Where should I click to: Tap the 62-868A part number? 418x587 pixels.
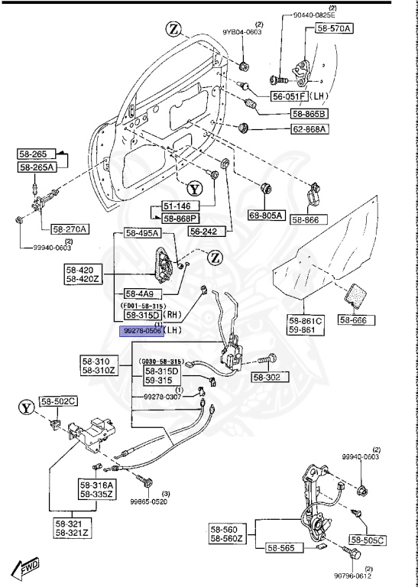click(x=307, y=129)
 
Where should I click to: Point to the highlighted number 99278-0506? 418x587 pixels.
click(x=140, y=331)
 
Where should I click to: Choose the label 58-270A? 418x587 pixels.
click(x=70, y=229)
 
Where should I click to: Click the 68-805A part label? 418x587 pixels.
click(x=265, y=216)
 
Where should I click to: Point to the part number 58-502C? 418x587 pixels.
click(x=59, y=401)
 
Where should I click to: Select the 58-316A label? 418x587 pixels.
click(x=96, y=485)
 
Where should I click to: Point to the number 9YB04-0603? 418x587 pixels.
click(x=241, y=32)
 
